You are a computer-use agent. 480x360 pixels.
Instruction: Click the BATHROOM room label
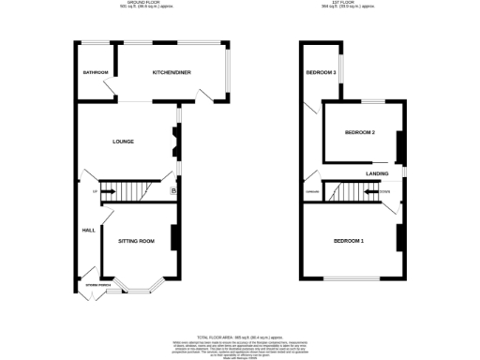click(x=96, y=73)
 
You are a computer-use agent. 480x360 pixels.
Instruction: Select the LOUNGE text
click(x=123, y=142)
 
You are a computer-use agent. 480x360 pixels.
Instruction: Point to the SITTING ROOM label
click(x=136, y=241)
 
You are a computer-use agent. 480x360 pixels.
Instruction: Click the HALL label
click(x=88, y=230)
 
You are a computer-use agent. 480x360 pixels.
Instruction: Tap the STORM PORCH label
click(x=99, y=285)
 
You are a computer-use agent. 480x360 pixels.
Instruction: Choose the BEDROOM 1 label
click(x=349, y=242)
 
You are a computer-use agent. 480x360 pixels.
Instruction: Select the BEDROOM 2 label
click(x=360, y=133)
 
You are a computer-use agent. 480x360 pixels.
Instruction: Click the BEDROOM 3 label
click(x=321, y=72)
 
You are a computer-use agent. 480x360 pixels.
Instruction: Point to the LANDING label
click(x=378, y=173)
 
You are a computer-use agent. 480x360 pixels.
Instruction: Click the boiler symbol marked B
click(x=173, y=192)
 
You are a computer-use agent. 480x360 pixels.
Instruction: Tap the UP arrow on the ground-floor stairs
click(x=96, y=192)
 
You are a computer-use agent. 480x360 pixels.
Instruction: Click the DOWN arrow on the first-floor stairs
click(x=383, y=192)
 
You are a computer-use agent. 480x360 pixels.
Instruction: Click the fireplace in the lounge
click(x=173, y=142)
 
